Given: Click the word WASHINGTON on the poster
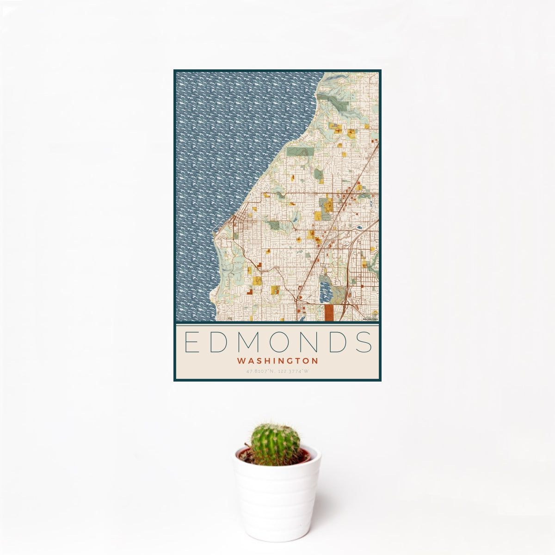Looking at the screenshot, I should [277, 360].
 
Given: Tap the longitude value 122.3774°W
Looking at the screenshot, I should [293, 371].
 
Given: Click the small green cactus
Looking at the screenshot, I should [275, 444].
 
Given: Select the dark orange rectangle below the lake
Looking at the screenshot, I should [329, 312].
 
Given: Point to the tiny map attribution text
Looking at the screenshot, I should [370, 319].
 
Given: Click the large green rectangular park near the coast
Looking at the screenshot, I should [300, 151].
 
